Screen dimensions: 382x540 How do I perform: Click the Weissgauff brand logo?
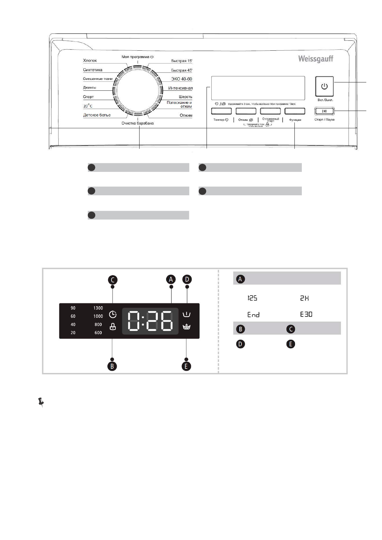click(x=316, y=59)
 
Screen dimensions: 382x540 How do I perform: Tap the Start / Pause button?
click(x=324, y=111)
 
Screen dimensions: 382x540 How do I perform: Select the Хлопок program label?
click(x=90, y=61)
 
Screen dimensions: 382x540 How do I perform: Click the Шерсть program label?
click(x=185, y=97)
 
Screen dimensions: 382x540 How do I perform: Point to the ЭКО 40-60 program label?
click(x=182, y=79)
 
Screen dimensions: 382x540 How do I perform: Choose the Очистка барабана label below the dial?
click(x=137, y=123)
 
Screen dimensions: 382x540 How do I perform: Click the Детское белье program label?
click(x=97, y=115)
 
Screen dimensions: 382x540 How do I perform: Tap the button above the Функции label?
click(x=295, y=111)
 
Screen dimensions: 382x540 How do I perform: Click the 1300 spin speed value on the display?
click(x=98, y=308)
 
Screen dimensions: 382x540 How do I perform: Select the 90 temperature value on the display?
click(x=73, y=308)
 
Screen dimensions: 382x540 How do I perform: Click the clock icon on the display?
click(x=113, y=314)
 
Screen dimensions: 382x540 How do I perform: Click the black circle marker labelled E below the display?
click(x=186, y=366)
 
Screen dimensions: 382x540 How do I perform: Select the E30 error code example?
click(x=306, y=314)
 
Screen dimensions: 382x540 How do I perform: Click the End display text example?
click(x=253, y=315)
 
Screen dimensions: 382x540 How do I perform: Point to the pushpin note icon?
click(x=41, y=402)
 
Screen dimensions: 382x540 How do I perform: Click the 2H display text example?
click(x=304, y=298)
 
